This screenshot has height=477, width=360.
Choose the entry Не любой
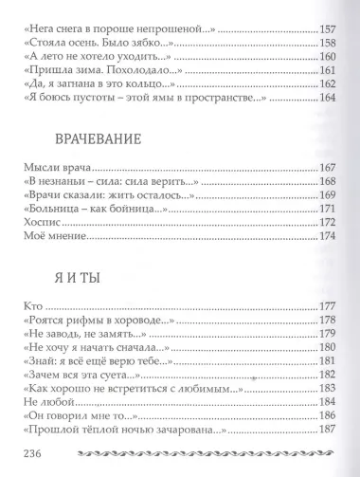pyautogui.click(x=42, y=400)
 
